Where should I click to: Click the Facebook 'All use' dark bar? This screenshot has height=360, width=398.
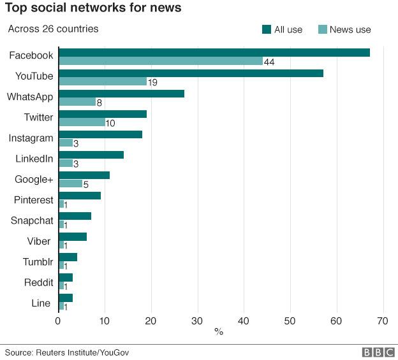214,52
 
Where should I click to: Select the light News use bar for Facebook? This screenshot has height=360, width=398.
161,61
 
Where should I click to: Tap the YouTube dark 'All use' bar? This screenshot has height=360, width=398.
191,73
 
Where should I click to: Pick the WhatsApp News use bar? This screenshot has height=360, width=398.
77,102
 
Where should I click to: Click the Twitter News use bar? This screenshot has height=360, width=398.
82,122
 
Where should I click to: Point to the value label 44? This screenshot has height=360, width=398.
269,62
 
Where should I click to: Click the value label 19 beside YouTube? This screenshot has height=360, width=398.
152,82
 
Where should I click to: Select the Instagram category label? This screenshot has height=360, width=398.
31,138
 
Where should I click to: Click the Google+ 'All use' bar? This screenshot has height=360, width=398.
84,175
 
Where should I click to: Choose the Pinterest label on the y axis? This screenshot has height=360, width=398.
33,199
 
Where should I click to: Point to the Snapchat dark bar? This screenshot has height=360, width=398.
75,215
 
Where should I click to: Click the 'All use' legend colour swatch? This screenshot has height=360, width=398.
267,29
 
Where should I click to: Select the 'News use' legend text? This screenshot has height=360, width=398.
350,29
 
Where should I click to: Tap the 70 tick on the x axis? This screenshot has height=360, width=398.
383,320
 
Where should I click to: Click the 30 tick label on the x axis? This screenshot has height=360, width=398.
198,320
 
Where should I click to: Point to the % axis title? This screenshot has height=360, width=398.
219,332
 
